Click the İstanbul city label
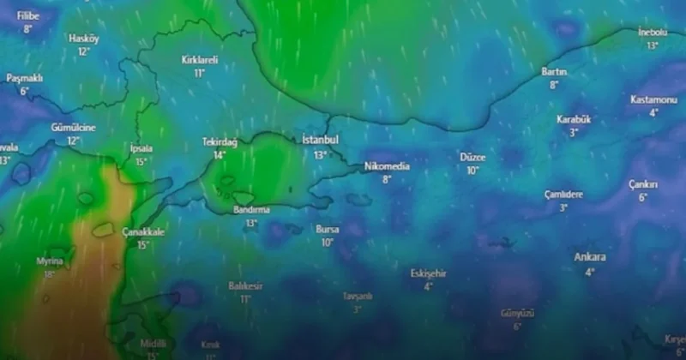pyautogui.click(x=321, y=140)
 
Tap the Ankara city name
pyautogui.click(x=590, y=257)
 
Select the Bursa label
pyautogui.click(x=328, y=230)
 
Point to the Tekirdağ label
pyautogui.click(x=220, y=141)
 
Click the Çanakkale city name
pyautogui.click(x=142, y=231)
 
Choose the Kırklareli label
pyautogui.click(x=200, y=60)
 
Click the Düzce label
pyautogui.click(x=472, y=158)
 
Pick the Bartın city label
pyautogui.click(x=554, y=72)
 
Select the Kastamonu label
pyautogui.click(x=653, y=99)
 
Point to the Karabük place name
pyautogui.click(x=574, y=119)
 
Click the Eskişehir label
pyautogui.click(x=428, y=273)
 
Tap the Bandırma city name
pyautogui.click(x=251, y=209)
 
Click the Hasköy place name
pyautogui.click(x=84, y=39)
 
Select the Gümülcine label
pyautogui.click(x=73, y=128)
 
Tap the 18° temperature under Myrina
pyautogui.click(x=49, y=274)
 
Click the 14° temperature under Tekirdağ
pyautogui.click(x=220, y=155)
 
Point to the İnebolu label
pyautogui.click(x=653, y=32)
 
